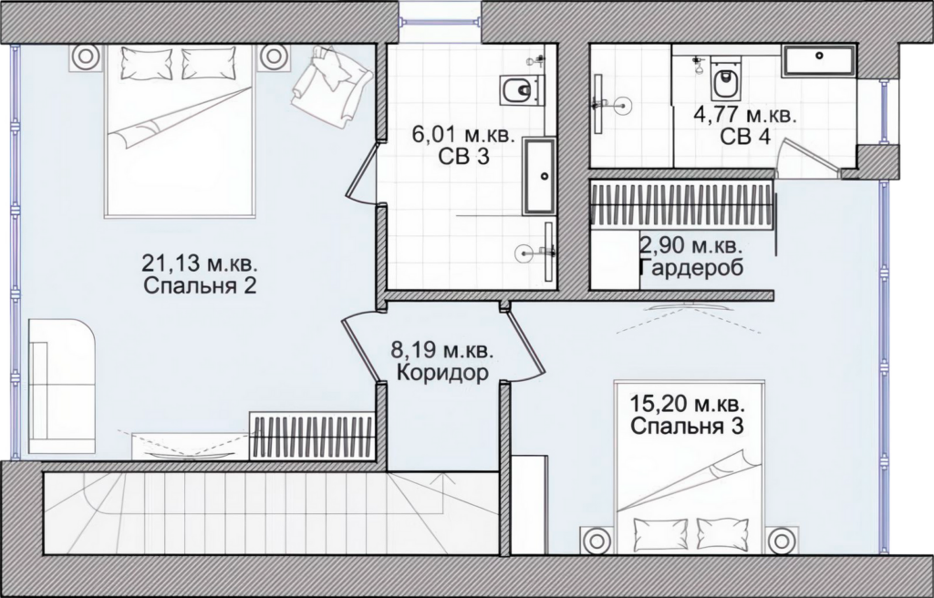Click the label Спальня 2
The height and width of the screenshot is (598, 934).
[200, 286]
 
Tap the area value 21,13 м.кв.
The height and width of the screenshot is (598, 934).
[200, 262]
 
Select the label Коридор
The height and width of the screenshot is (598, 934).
[442, 374]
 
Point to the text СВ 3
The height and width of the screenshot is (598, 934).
[463, 157]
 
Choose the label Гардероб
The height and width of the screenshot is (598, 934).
[691, 268]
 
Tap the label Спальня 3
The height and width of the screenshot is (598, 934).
[688, 427]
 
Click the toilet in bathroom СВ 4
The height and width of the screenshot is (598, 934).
[725, 79]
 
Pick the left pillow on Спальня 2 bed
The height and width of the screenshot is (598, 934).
[147, 63]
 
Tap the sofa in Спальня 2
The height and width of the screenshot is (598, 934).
[61, 386]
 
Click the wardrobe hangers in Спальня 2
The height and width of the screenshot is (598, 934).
[312, 438]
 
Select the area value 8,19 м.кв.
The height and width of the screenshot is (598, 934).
[442, 350]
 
